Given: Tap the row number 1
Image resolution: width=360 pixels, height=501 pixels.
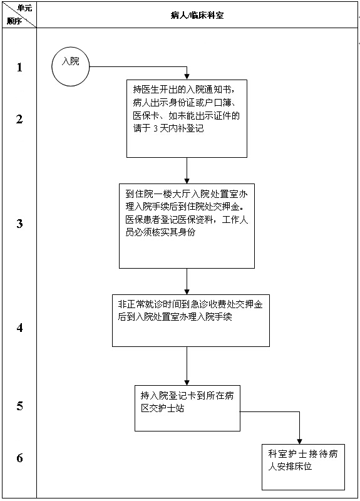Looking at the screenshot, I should coord(19,68).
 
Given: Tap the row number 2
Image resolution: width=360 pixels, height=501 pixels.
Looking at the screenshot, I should coord(19,119).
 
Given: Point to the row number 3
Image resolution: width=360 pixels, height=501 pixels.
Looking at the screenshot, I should coord(19,224).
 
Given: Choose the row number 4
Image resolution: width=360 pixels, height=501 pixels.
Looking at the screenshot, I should coord(19,327).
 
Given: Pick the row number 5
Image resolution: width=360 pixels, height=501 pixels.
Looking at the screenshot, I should coord(19,406).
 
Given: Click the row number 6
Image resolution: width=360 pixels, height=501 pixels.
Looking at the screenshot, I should coord(19,458).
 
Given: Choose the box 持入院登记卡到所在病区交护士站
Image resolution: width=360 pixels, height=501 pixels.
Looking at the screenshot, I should coord(187,408).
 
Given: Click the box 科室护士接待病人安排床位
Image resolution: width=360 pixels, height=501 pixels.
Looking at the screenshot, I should coord(303,467).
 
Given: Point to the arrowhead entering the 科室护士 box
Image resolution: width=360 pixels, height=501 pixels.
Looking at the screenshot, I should coord(303,440).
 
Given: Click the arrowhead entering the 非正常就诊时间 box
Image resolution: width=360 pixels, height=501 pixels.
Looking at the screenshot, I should coord(187,291).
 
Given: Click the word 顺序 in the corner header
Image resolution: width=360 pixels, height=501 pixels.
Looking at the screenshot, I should coord(14,21).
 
